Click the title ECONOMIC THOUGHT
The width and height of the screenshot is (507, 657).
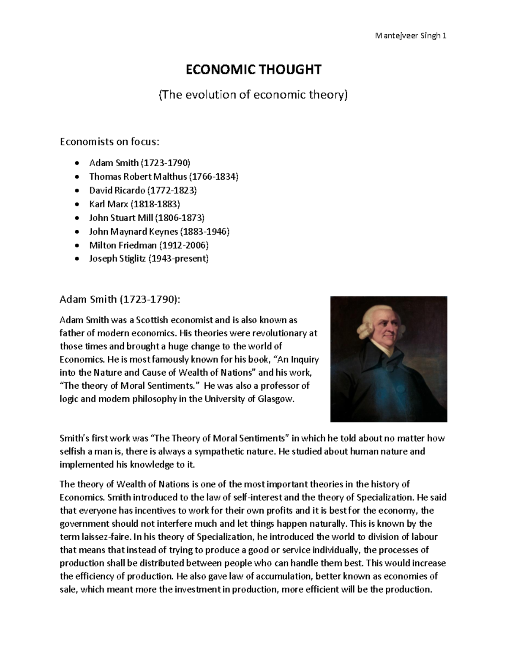click(x=253, y=69)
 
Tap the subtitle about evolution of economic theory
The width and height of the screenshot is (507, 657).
click(x=253, y=95)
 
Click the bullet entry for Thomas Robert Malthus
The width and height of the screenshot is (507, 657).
click(x=164, y=176)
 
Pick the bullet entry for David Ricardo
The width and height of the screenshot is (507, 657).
click(x=143, y=190)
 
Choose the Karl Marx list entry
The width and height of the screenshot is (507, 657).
click(x=134, y=204)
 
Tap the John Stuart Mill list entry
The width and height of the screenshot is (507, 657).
click(x=147, y=218)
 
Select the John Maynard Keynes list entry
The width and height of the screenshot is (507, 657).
click(x=159, y=231)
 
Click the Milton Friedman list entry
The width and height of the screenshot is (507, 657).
click(x=149, y=245)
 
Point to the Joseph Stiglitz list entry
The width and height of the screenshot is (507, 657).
click(x=149, y=259)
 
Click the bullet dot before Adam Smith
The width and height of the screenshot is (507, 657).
click(x=76, y=163)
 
